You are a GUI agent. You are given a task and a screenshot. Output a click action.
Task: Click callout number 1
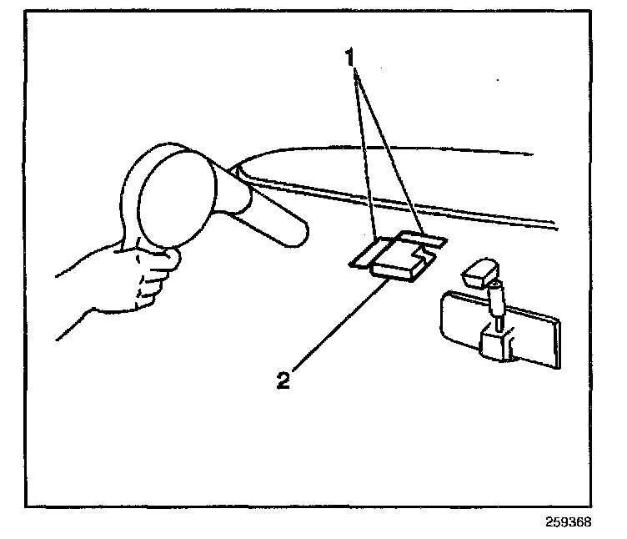coord(353,58)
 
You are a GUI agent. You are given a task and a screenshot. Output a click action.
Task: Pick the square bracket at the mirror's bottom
coord(498,344)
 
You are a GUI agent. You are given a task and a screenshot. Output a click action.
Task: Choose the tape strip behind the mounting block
coord(425,239)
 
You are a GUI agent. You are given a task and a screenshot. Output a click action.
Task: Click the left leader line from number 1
coord(366,150)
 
